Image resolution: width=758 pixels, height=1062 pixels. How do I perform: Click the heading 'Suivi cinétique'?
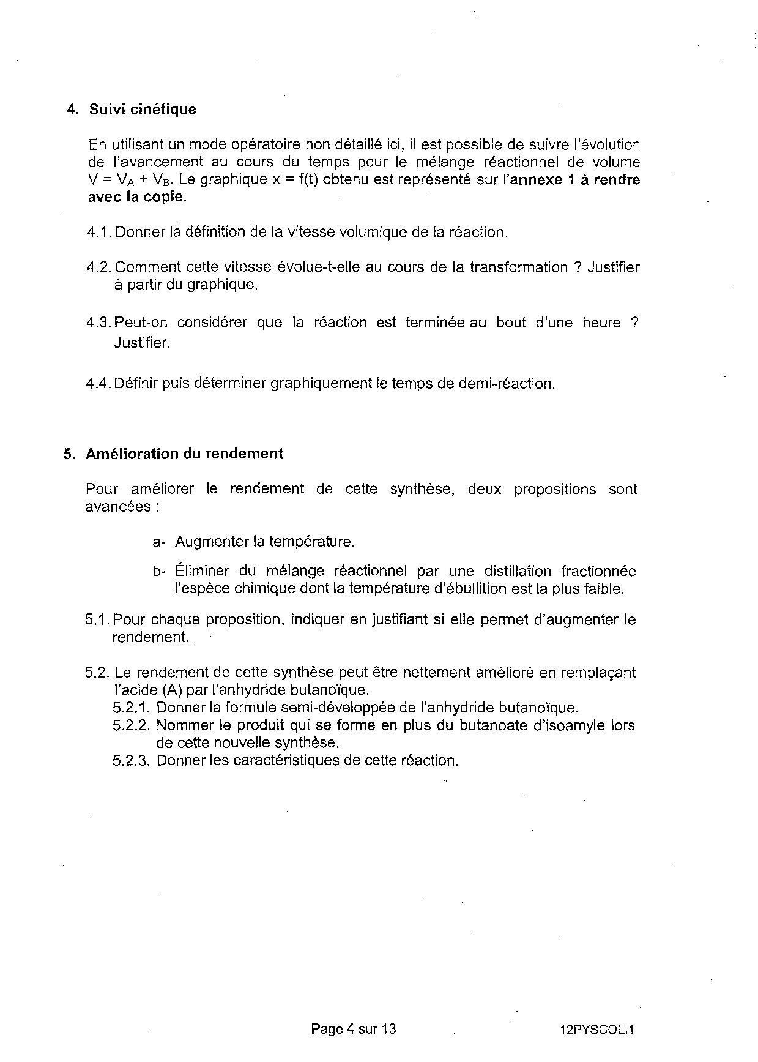pos(143,110)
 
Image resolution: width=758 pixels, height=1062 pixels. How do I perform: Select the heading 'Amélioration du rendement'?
pos(184,454)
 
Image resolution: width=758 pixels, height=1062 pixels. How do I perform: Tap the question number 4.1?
pos(100,233)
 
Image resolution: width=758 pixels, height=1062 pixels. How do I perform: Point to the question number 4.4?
pos(100,384)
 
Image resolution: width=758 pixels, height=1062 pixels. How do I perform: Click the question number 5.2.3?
pos(132,761)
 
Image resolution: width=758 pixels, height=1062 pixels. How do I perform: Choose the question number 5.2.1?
pos(132,708)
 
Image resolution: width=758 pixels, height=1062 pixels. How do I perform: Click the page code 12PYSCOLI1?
pos(596,1030)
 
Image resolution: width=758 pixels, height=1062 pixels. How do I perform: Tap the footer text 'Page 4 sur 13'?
pos(354,1029)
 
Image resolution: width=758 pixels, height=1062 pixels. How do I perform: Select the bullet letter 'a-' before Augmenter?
pos(159,542)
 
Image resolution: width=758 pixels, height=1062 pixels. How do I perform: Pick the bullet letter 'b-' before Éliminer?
pos(159,572)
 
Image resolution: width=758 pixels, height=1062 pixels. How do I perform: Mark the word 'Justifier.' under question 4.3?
pos(141,343)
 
